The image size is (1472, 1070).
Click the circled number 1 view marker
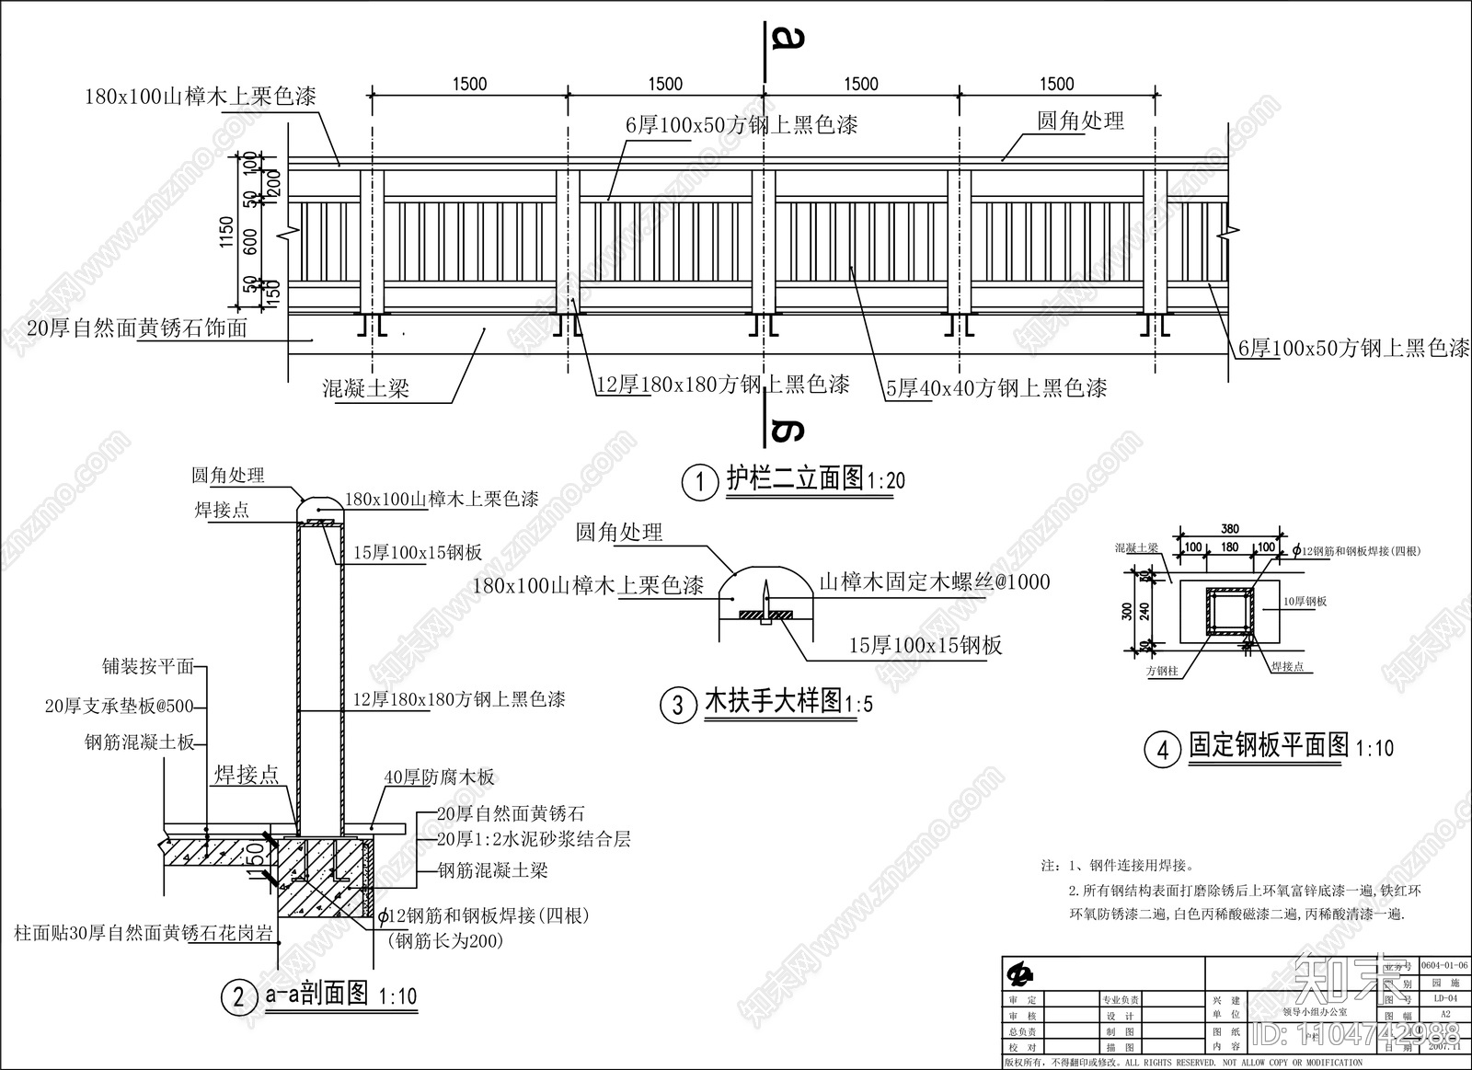[700, 482]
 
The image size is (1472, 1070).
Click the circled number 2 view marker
[239, 996]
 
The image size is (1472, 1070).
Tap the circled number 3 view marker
[679, 706]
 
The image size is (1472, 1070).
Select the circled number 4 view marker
[1162, 750]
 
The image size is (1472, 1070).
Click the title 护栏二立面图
[795, 478]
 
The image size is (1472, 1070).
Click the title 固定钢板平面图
[1269, 745]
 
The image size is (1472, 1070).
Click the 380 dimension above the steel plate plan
[1230, 529]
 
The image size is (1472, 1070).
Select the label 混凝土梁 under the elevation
[365, 388]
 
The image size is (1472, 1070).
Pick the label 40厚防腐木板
[439, 777]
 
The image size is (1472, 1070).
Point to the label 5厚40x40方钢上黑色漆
[995, 388]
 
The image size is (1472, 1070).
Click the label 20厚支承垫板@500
[120, 707]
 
